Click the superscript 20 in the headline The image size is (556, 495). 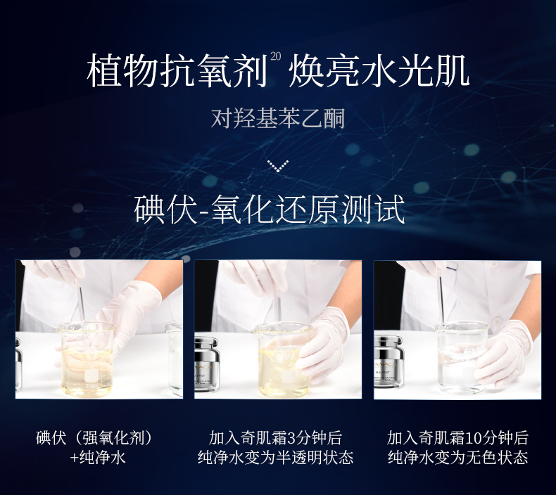point(275,56)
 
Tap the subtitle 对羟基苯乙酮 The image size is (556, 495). point(277,118)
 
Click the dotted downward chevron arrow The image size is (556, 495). point(277,166)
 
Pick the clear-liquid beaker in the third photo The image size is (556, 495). point(461,357)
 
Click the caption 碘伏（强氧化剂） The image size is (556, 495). point(94,437)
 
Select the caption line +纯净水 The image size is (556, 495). point(98,457)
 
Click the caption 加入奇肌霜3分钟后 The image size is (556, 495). point(275,437)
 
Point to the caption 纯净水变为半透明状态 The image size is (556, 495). point(275,457)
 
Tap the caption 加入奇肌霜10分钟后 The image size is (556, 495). point(457,437)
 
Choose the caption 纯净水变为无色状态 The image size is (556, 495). point(457,457)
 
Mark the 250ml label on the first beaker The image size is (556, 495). point(91,385)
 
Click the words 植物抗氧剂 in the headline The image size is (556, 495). point(177,71)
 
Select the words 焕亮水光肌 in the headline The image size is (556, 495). point(379,71)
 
